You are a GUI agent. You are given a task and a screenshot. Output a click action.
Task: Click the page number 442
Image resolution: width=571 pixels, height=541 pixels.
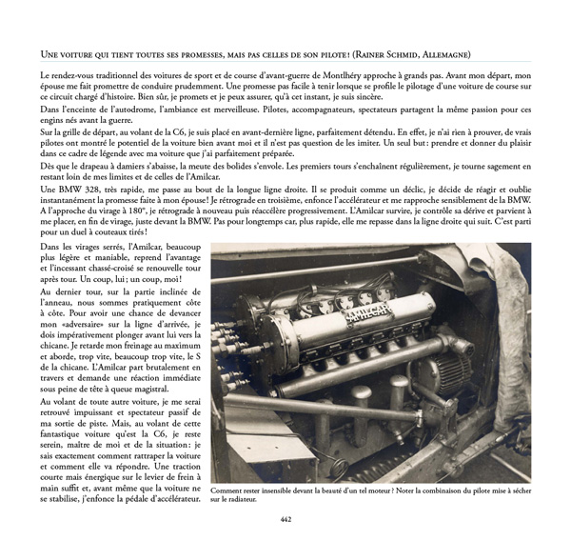pyautogui.click(x=285, y=519)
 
